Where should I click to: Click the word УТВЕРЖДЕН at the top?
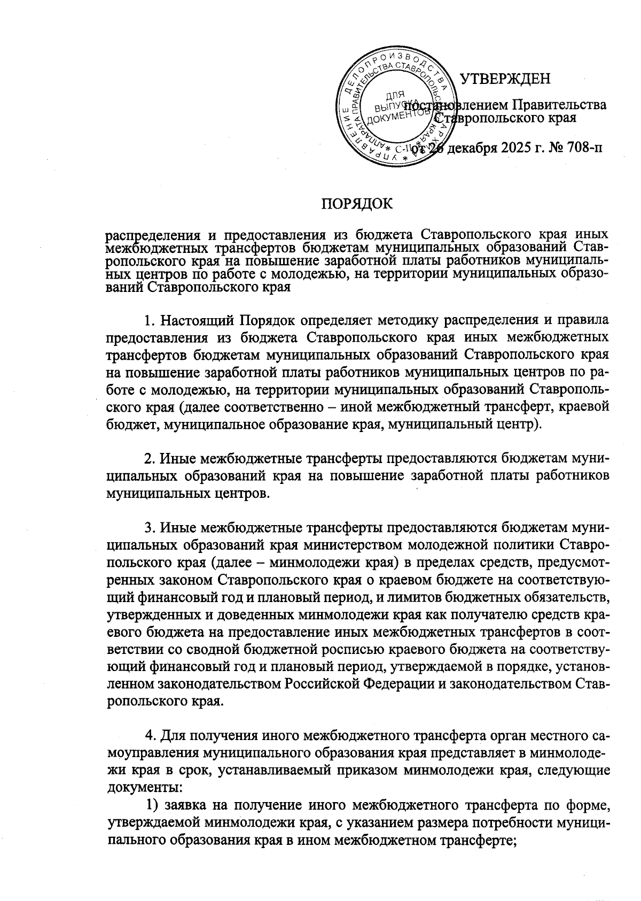pos(505,79)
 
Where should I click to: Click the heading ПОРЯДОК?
pos(356,204)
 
